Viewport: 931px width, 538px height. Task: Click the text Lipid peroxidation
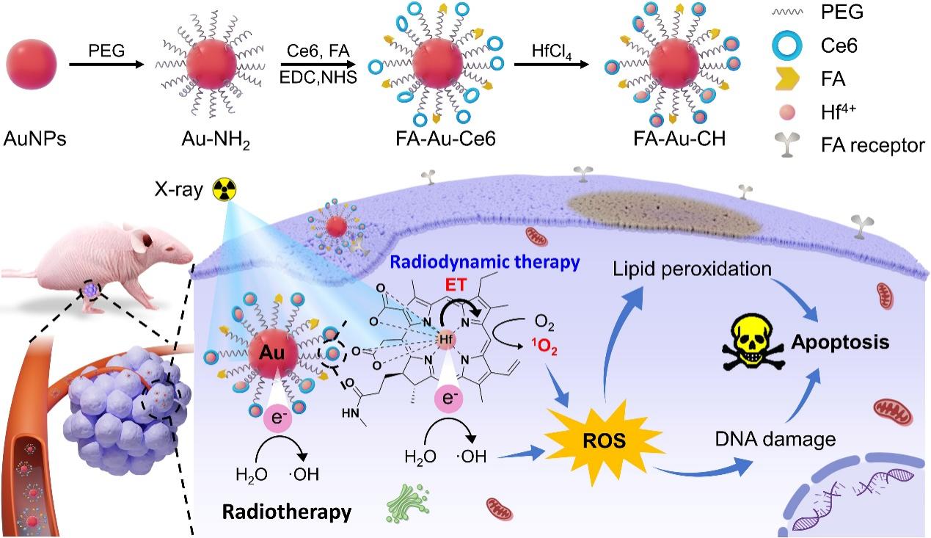point(691,270)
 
